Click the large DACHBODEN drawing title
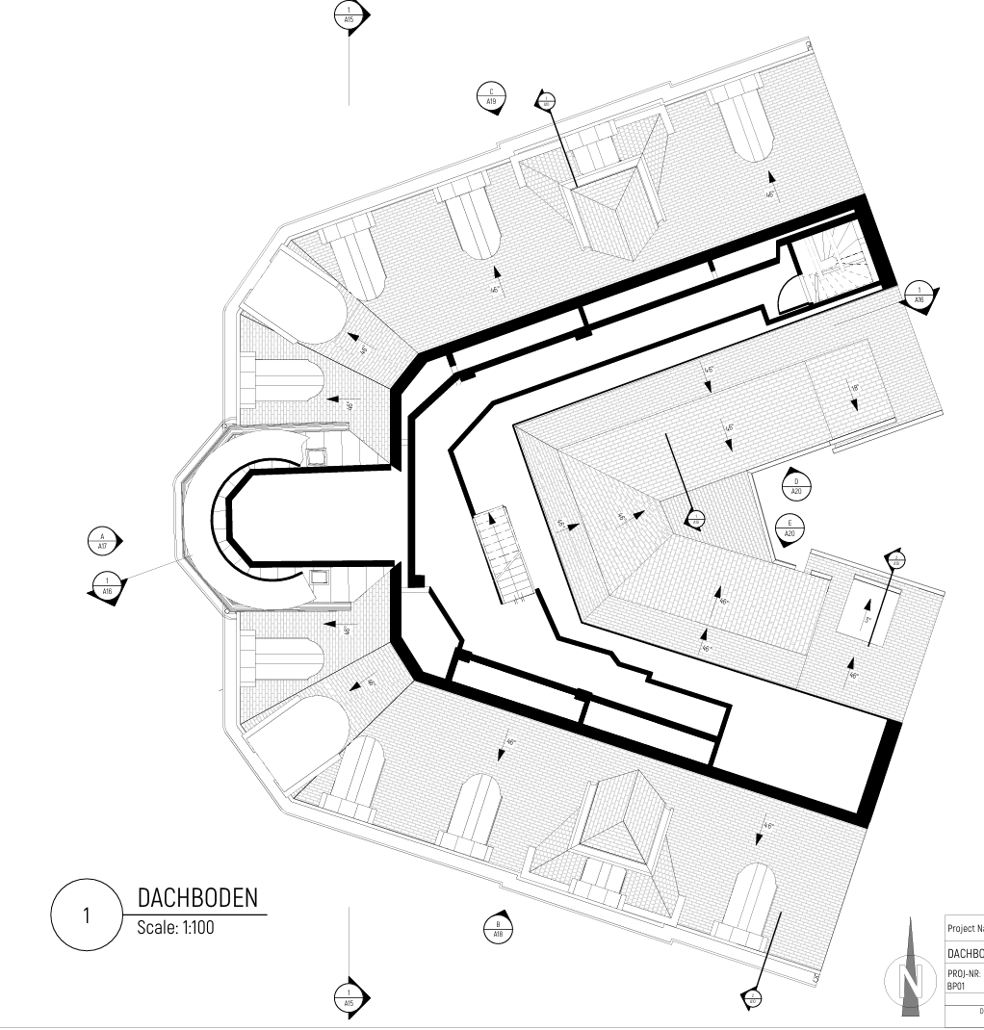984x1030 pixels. click(198, 898)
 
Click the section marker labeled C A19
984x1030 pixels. click(491, 96)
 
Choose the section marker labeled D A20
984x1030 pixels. click(796, 486)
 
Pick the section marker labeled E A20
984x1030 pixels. click(790, 528)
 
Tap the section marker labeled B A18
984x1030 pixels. click(498, 929)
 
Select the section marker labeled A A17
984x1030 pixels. click(102, 541)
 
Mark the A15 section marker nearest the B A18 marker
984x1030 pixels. click(350, 996)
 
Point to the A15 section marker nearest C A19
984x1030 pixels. click(349, 15)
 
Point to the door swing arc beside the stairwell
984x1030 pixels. click(789, 291)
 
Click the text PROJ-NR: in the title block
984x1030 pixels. click(964, 973)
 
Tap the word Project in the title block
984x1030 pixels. click(965, 929)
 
